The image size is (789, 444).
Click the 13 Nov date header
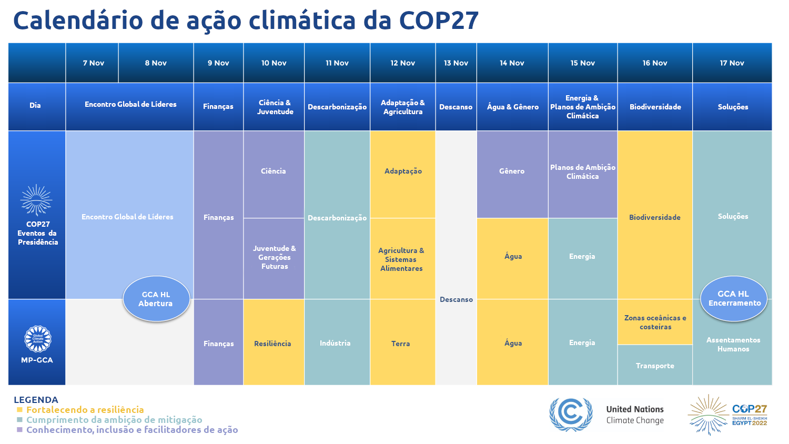coord(456,63)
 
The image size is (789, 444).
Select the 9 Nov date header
coord(218,63)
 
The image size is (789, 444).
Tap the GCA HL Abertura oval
coord(156,299)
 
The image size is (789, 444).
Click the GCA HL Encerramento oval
coord(734,298)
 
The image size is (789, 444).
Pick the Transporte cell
coord(655,366)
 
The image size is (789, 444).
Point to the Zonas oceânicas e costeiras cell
coord(655,322)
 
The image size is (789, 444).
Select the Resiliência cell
coord(272,344)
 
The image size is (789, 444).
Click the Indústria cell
coord(335,343)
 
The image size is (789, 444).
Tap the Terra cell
coord(400,344)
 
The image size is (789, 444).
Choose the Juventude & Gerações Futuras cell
coord(274,257)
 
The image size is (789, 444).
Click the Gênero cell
coord(512,171)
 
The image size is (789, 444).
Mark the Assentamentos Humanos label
coord(733,345)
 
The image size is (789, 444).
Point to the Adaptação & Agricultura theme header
coord(403,107)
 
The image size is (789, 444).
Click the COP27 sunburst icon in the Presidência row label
coord(36,200)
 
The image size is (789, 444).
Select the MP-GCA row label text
coord(37,360)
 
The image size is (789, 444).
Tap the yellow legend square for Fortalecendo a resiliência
coord(19,410)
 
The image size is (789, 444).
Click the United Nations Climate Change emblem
coord(570,414)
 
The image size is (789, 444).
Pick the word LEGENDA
coord(36,400)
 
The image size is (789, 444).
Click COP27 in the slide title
coord(439,21)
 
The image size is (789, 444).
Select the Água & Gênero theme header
coord(512,107)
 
